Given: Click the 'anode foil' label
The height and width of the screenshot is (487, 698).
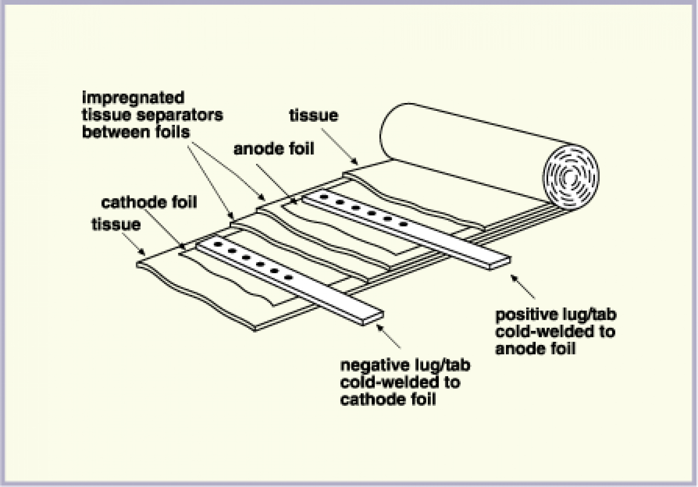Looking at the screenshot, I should [274, 149].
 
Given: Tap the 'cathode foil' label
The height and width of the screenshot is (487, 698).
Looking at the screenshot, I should [149, 202].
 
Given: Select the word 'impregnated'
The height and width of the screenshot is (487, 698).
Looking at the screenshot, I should [133, 98].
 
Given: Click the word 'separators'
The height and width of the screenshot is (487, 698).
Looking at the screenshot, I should [182, 115].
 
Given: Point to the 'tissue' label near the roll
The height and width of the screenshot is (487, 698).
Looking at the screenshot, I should [313, 116].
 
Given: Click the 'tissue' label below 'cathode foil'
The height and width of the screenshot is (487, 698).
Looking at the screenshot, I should [116, 224].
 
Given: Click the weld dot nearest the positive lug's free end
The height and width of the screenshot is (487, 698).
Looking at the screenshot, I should [404, 224].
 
